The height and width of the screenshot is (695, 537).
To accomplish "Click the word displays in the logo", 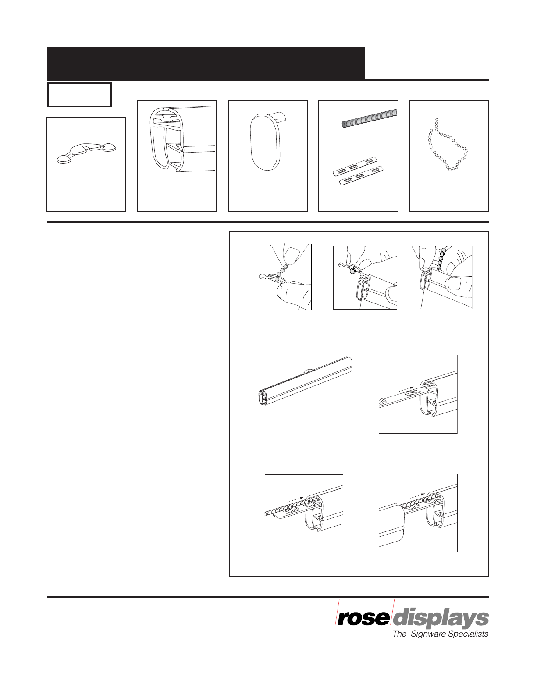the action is tap(441, 620).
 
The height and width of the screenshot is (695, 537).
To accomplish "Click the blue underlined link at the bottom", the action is tap(87, 691).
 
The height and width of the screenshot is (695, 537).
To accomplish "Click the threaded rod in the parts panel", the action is tap(370, 119).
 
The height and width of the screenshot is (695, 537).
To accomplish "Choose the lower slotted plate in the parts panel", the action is tap(361, 175).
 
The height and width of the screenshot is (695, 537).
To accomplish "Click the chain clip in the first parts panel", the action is tap(86, 153).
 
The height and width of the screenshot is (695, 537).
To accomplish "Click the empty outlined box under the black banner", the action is tap(80, 95).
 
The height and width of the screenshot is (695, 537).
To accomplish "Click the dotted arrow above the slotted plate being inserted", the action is tap(405, 389).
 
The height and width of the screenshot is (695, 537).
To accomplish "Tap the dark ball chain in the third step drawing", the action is tap(441, 260).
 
